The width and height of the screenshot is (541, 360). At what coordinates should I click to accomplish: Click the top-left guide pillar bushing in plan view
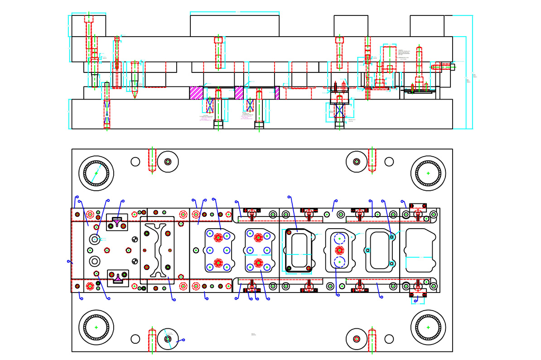[96, 173]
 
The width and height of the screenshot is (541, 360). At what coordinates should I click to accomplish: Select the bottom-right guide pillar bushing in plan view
[428, 327]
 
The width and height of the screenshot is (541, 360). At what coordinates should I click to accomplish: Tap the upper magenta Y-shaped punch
[117, 223]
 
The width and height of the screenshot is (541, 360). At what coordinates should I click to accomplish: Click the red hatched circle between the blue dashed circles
[339, 250]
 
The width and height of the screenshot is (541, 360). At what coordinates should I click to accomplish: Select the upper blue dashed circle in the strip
[339, 239]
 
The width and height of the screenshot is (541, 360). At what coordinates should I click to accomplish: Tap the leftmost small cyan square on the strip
[367, 250]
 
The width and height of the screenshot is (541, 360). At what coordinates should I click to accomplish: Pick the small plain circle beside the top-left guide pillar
[135, 162]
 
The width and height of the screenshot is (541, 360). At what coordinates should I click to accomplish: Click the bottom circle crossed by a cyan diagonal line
[168, 339]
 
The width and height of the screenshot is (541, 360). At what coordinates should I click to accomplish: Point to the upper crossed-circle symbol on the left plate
[134, 240]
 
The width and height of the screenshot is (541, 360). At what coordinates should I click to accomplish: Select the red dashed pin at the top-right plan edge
[372, 160]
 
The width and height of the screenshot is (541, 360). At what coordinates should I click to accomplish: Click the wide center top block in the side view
[234, 26]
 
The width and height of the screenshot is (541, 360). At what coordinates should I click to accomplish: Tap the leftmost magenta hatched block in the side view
[196, 93]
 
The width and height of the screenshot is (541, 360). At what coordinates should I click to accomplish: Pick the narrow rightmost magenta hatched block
[277, 93]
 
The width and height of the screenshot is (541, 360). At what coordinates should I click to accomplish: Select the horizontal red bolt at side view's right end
[442, 67]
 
